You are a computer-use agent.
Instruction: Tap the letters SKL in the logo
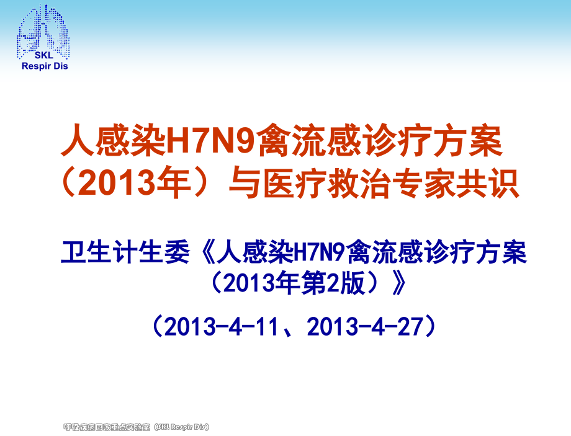click(x=44, y=56)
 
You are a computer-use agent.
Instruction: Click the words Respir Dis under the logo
click(x=44, y=66)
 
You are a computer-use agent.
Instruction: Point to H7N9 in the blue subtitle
click(x=318, y=254)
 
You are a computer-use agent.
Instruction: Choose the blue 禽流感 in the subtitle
click(x=393, y=254)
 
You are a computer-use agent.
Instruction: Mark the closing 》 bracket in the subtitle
click(x=399, y=283)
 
